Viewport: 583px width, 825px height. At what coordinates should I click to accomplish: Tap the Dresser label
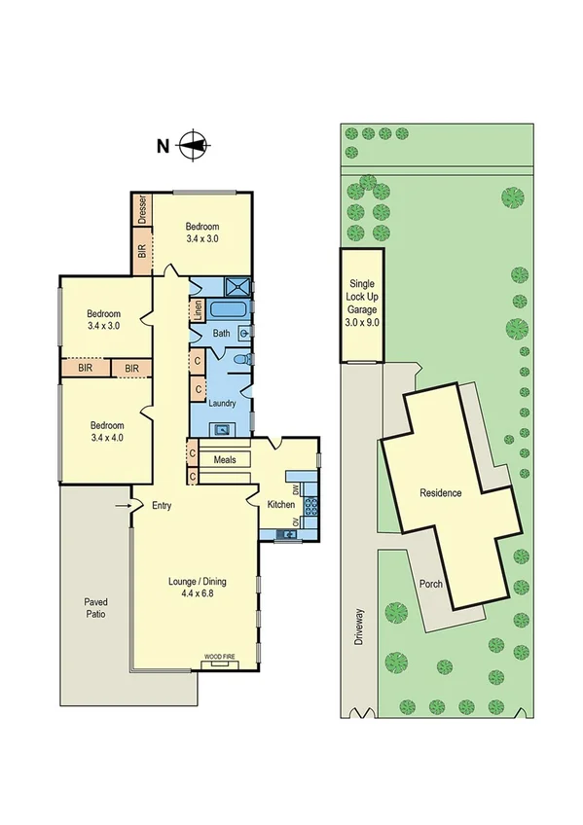coord(142,211)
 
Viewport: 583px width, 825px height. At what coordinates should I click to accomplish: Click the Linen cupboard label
coord(198,311)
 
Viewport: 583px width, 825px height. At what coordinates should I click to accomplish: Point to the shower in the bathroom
coord(237,287)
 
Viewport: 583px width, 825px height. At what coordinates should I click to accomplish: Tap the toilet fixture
coord(243,361)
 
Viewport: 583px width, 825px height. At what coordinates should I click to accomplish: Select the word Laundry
coord(223,403)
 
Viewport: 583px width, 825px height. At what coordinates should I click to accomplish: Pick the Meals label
coord(225,459)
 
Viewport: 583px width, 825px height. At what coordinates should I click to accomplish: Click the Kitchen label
coord(281,504)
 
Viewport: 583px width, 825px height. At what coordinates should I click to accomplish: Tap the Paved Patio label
coord(95,609)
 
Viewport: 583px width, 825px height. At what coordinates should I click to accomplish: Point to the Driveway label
coord(359,628)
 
